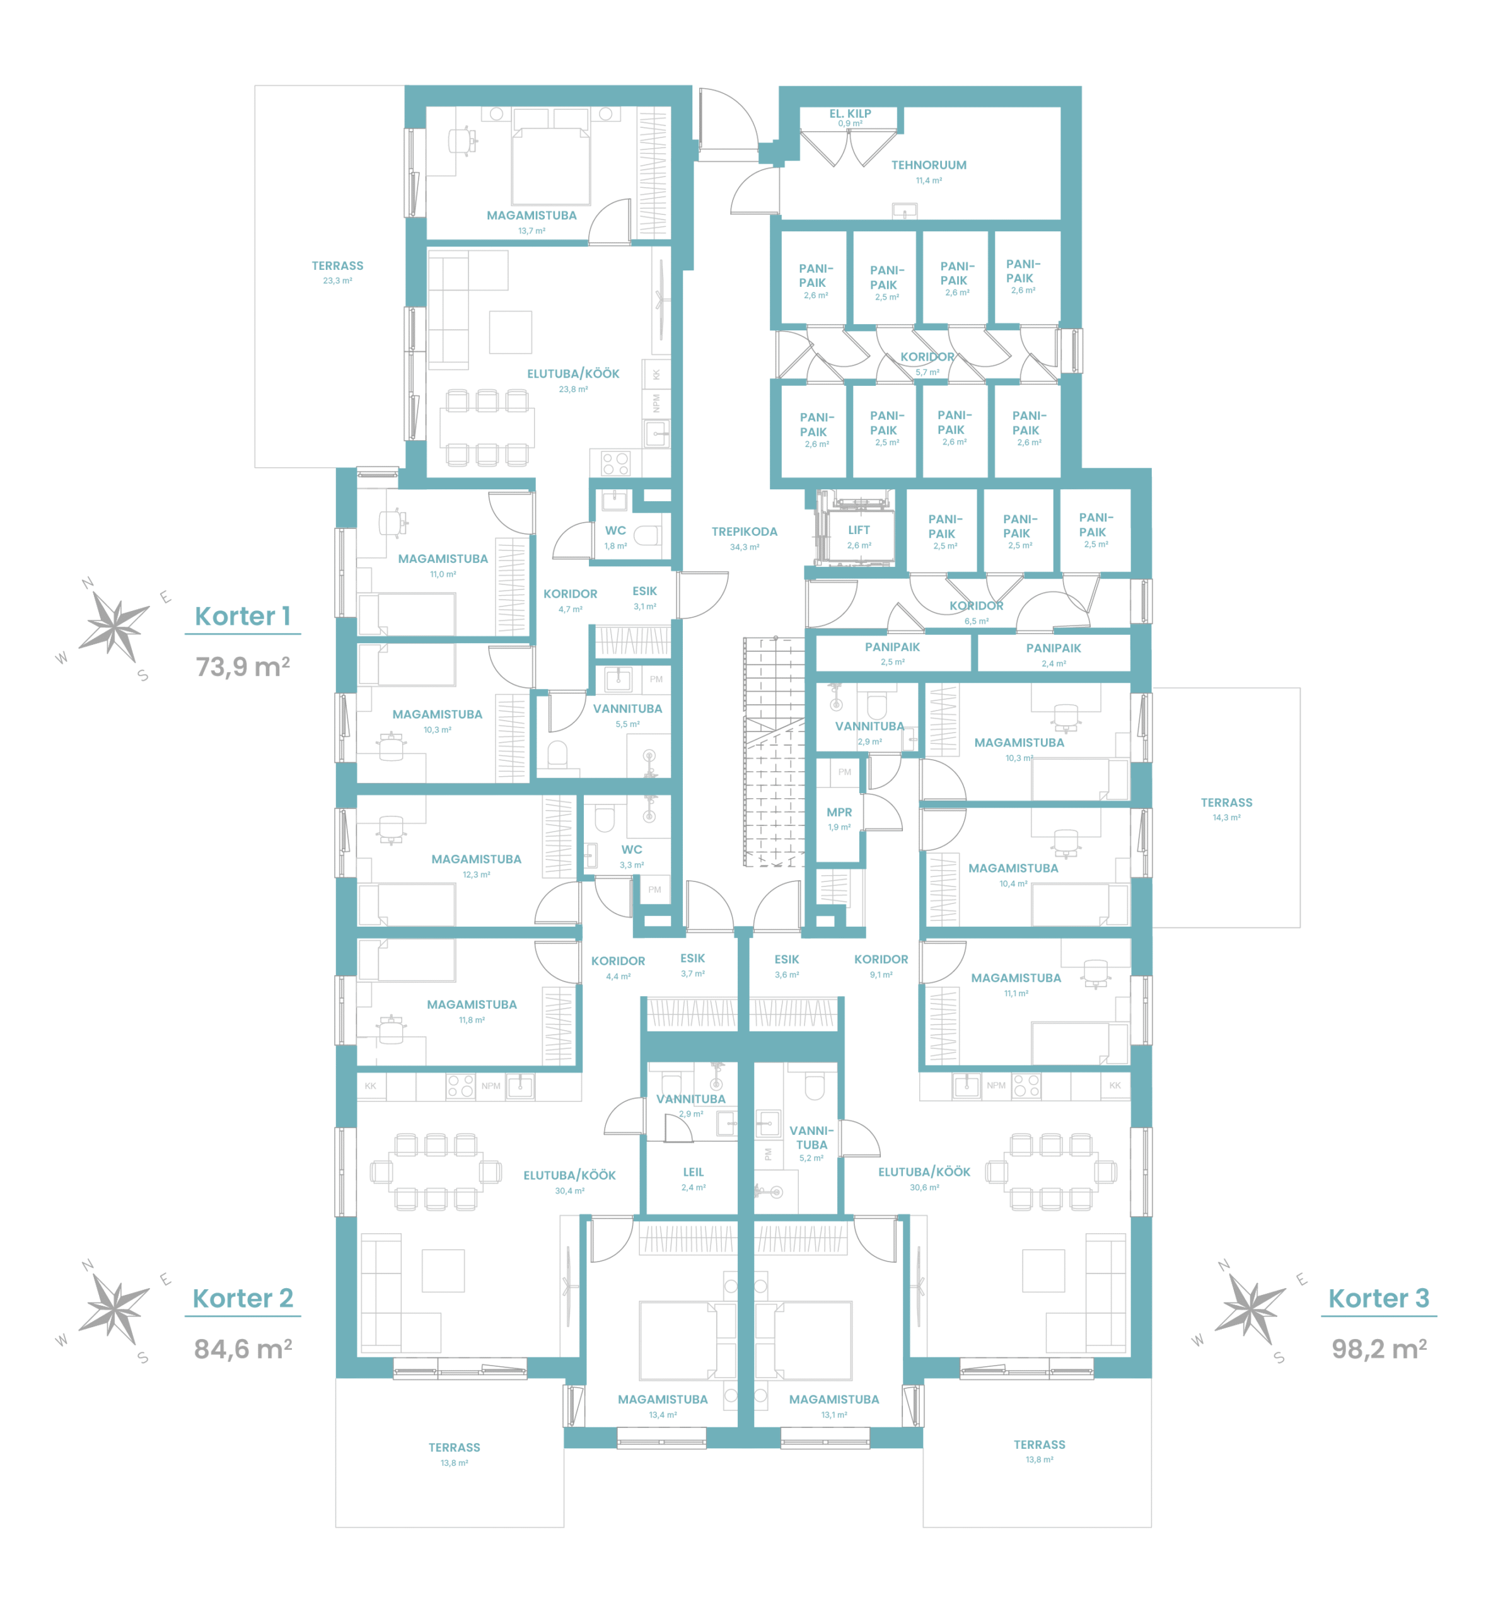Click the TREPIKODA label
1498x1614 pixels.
(744, 531)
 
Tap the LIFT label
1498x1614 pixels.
(859, 530)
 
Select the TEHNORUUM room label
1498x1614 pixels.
(929, 165)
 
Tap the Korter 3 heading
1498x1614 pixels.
(1379, 1299)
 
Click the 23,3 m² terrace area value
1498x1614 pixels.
(337, 281)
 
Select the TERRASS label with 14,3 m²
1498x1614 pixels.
(1226, 803)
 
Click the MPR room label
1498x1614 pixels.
(839, 812)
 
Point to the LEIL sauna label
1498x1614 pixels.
(693, 1172)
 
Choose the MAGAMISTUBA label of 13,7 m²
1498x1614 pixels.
(531, 216)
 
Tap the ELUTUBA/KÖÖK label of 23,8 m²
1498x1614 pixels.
(573, 374)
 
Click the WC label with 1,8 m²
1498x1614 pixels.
(615, 531)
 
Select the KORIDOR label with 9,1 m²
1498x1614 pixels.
(881, 960)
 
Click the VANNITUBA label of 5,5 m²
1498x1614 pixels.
(627, 709)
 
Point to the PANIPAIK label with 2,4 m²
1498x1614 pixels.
(1053, 649)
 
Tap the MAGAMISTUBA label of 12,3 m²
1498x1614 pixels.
(476, 859)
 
